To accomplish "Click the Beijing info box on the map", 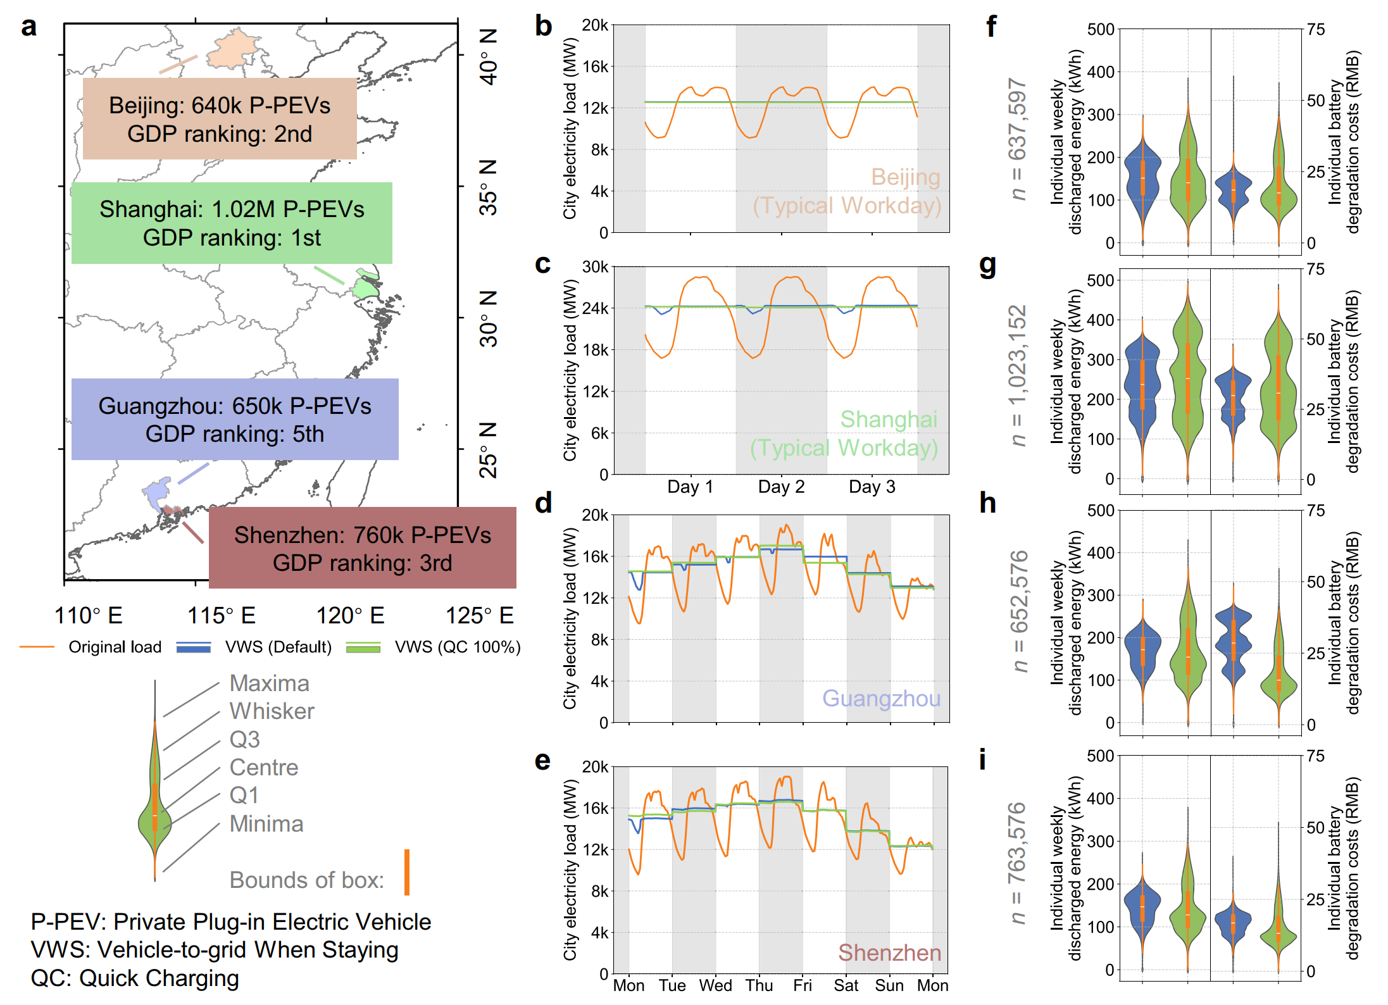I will click(220, 118).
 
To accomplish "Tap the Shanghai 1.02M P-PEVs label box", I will click(232, 223).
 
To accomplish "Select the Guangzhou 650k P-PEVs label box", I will click(235, 419).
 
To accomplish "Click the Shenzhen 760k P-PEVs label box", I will click(362, 548).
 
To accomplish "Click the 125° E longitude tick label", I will click(479, 615).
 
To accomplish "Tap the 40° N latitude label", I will click(489, 57).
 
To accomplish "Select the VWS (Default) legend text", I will click(278, 647).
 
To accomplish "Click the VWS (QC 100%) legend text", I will click(458, 647).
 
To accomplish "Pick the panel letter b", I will click(543, 27).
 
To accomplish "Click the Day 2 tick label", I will click(781, 487).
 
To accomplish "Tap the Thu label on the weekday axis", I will click(759, 985).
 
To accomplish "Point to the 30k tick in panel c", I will click(595, 267).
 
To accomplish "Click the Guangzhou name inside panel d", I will click(881, 698).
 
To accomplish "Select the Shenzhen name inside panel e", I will click(889, 952).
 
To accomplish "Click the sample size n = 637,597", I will click(1017, 139).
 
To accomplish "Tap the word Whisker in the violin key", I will click(272, 711).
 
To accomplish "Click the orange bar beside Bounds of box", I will click(407, 872).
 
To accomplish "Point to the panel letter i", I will click(982, 759).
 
